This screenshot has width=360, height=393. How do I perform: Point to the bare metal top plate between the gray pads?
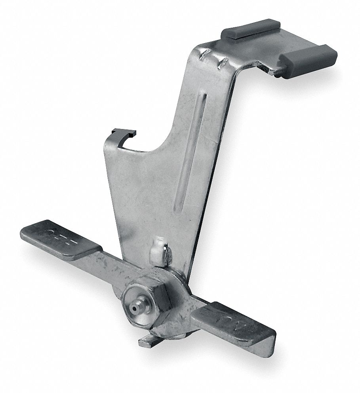point(273,44)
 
